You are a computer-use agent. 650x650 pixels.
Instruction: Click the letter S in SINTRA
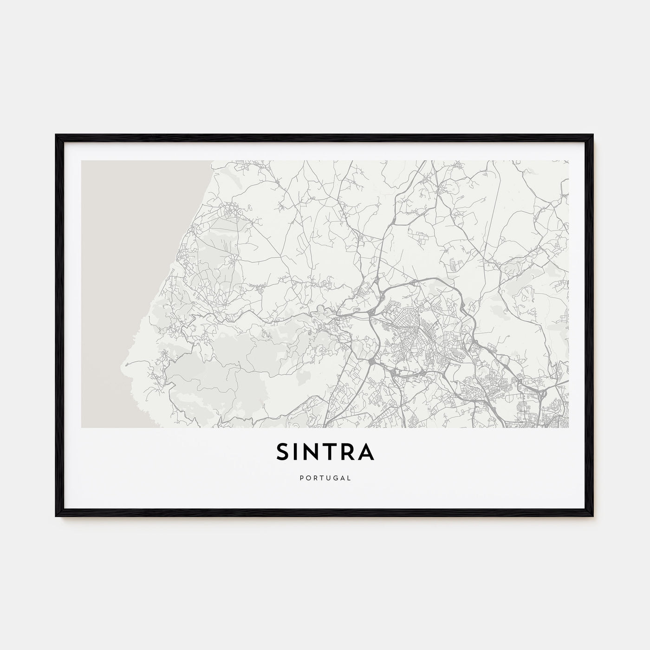(x=283, y=452)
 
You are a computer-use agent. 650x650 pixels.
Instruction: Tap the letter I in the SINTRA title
(x=298, y=452)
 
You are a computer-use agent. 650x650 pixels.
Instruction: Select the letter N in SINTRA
(x=313, y=452)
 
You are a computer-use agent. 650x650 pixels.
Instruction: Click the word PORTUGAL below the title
(x=325, y=477)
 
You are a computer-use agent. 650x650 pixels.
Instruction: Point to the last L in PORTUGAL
(x=350, y=477)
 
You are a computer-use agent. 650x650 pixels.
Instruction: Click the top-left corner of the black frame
(x=56, y=135)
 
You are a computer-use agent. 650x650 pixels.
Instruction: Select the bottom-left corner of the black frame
(x=56, y=516)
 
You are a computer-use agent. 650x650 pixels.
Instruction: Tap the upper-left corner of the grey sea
(x=82, y=162)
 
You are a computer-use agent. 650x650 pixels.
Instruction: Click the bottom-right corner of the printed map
(x=568, y=427)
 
